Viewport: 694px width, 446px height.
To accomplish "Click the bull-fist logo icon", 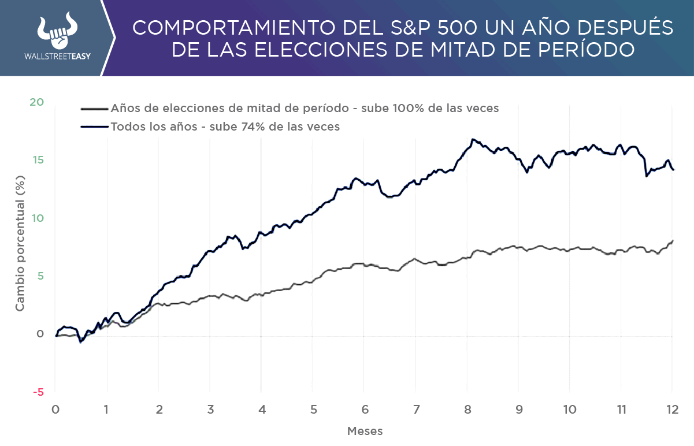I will (57, 32).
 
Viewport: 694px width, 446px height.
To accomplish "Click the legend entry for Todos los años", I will (225, 126).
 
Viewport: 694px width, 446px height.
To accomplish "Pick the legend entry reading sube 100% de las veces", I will (305, 108).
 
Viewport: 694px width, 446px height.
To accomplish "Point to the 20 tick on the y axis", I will (36, 102).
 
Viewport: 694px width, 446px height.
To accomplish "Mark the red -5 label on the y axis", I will (38, 392).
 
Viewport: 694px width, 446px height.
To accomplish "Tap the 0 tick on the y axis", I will (40, 334).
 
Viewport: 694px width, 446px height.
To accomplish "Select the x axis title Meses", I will (365, 431).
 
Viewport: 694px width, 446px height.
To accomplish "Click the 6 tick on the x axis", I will (365, 409).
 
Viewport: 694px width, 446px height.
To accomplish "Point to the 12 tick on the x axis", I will (672, 409).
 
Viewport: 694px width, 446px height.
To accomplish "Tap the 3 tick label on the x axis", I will (210, 409).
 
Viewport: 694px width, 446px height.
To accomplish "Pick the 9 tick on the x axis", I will (519, 409).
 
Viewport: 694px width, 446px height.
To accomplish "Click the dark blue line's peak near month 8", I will (473, 139).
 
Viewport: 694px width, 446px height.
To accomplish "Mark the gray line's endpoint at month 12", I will (673, 240).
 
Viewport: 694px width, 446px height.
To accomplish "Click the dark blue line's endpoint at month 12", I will (673, 169).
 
